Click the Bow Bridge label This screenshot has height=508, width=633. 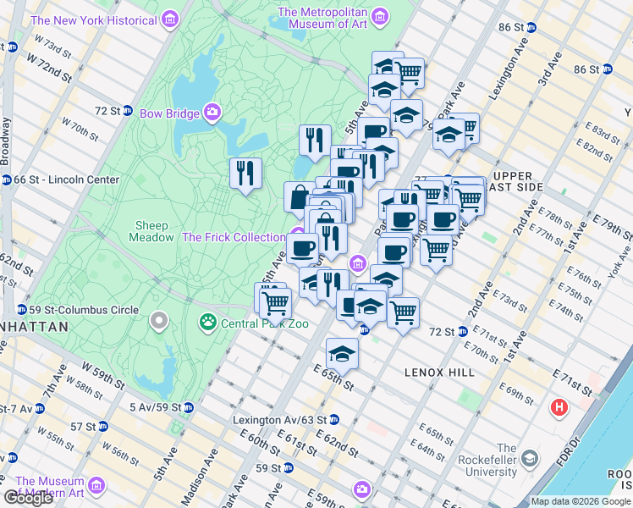(169, 113)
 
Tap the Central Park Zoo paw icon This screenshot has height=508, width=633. (206, 322)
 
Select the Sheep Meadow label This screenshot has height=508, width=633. (152, 232)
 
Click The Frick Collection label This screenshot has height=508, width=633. (234, 237)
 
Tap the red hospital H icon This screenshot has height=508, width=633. (559, 407)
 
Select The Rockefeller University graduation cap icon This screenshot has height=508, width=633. (530, 459)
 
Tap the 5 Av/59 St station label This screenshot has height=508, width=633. (157, 407)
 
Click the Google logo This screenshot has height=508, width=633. (28, 498)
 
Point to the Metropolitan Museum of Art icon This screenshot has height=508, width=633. (381, 18)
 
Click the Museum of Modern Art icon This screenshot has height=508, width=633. (96, 487)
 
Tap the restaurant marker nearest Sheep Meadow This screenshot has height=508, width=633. (245, 173)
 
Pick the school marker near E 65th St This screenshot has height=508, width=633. (342, 353)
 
